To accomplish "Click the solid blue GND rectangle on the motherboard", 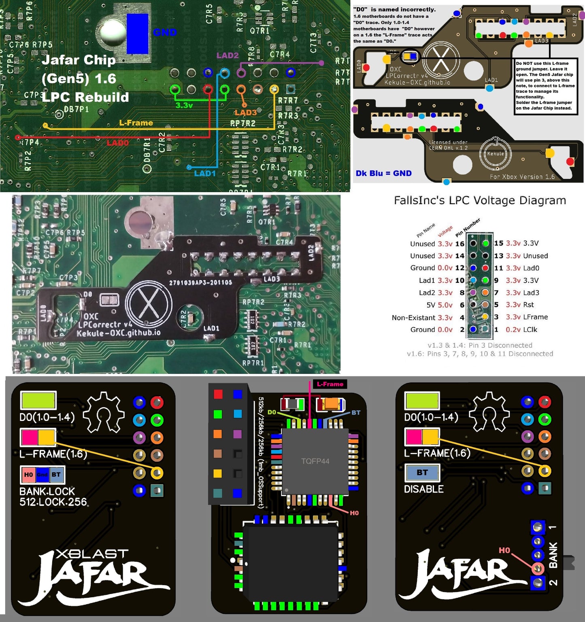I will click(137, 34).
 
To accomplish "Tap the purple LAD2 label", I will click(227, 55).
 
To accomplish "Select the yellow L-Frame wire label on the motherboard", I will click(136, 123).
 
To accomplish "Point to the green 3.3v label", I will click(184, 105).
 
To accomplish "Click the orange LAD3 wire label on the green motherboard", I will click(245, 113).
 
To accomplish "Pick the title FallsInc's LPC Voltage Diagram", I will click(480, 200).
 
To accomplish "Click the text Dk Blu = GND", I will click(383, 173).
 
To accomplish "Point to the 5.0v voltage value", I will click(445, 305).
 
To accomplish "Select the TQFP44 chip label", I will click(315, 461).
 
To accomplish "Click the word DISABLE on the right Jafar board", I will click(423, 489).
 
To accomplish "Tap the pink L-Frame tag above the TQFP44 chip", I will click(330, 384).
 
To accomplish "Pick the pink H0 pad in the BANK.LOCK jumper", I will click(28, 475).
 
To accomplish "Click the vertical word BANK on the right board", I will click(553, 554).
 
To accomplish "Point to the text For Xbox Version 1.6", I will click(522, 177).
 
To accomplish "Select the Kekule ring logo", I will click(495, 153).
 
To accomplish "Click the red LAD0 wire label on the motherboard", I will click(117, 142).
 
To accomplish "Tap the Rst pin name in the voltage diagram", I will click(528, 305).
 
